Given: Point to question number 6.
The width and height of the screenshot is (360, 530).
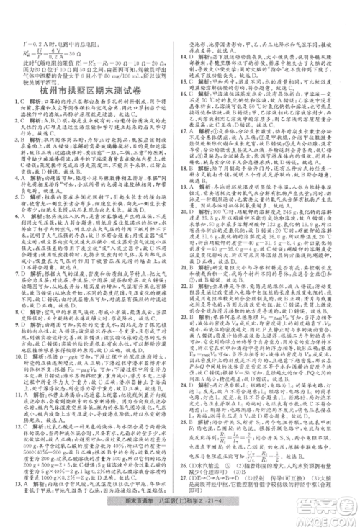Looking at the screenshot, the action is coord(18,212).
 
